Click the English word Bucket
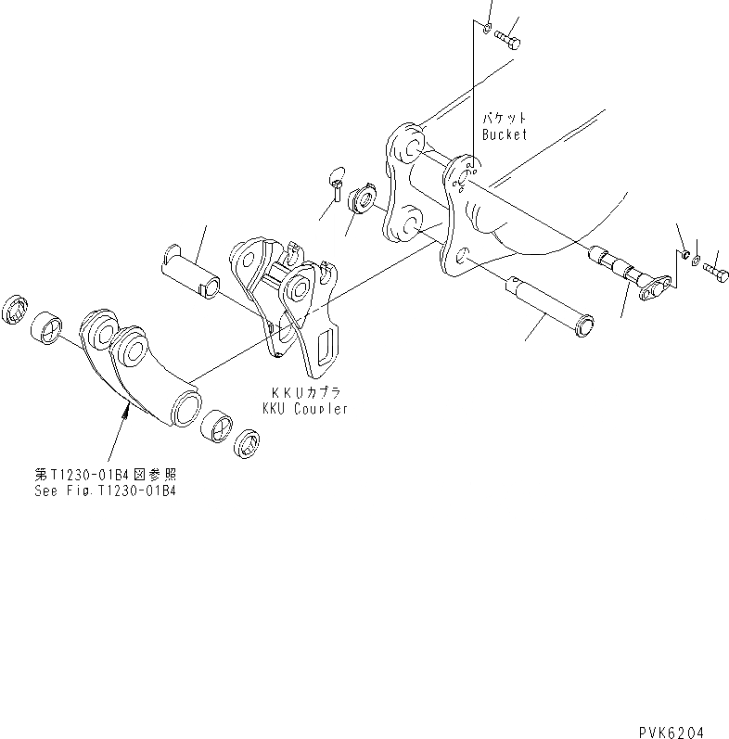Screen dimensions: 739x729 tap(504, 134)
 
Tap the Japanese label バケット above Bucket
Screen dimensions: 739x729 tap(504, 119)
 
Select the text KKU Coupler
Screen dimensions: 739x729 tap(304, 409)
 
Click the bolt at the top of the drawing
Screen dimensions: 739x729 tap(508, 39)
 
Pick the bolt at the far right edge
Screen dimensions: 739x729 tap(716, 273)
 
